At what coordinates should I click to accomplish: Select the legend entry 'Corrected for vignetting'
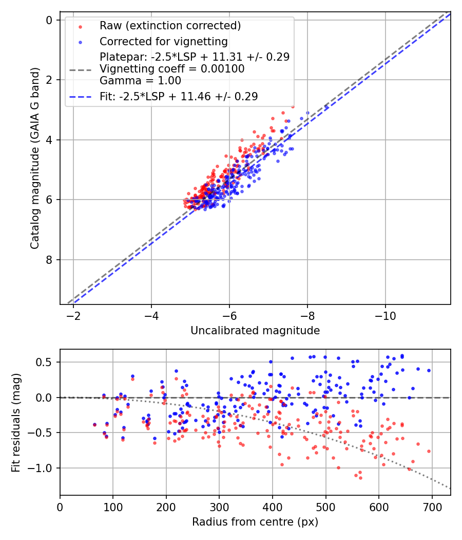[163, 41]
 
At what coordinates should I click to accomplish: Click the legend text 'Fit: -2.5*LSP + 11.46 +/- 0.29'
[179, 96]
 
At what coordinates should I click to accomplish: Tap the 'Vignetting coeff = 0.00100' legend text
[172, 68]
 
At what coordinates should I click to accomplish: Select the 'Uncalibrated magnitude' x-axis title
[255, 331]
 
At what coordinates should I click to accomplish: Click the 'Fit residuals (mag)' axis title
[16, 422]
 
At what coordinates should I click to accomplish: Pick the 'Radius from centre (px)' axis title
[255, 522]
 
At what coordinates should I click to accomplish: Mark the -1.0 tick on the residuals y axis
[43, 468]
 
